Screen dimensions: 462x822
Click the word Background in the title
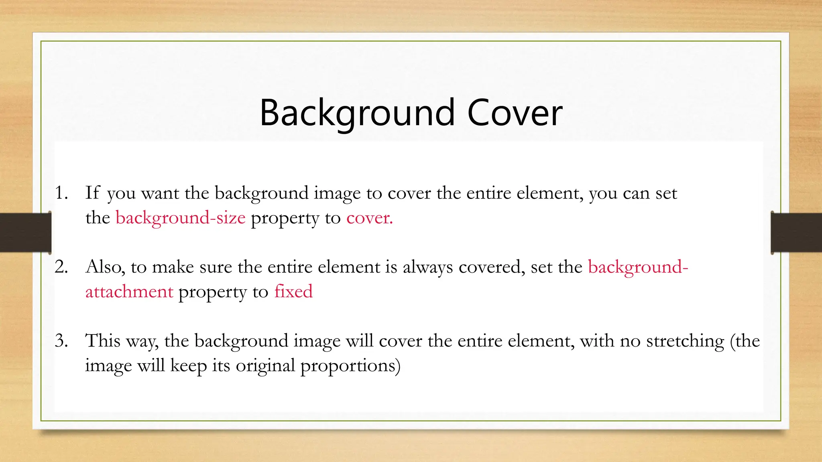357,113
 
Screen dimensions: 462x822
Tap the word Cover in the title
515,113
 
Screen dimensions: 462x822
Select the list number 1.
61,193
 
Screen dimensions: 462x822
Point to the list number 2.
61,267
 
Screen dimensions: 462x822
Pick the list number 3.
61,340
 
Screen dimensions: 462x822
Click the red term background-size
180,218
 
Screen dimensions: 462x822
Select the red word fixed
293,292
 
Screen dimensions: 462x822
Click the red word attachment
129,292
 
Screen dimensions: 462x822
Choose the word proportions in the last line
350,366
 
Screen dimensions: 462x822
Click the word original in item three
265,366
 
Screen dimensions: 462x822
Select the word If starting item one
92,193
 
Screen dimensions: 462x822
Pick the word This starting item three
103,340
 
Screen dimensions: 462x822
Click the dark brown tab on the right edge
796,233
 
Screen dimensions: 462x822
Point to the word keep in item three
188,366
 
